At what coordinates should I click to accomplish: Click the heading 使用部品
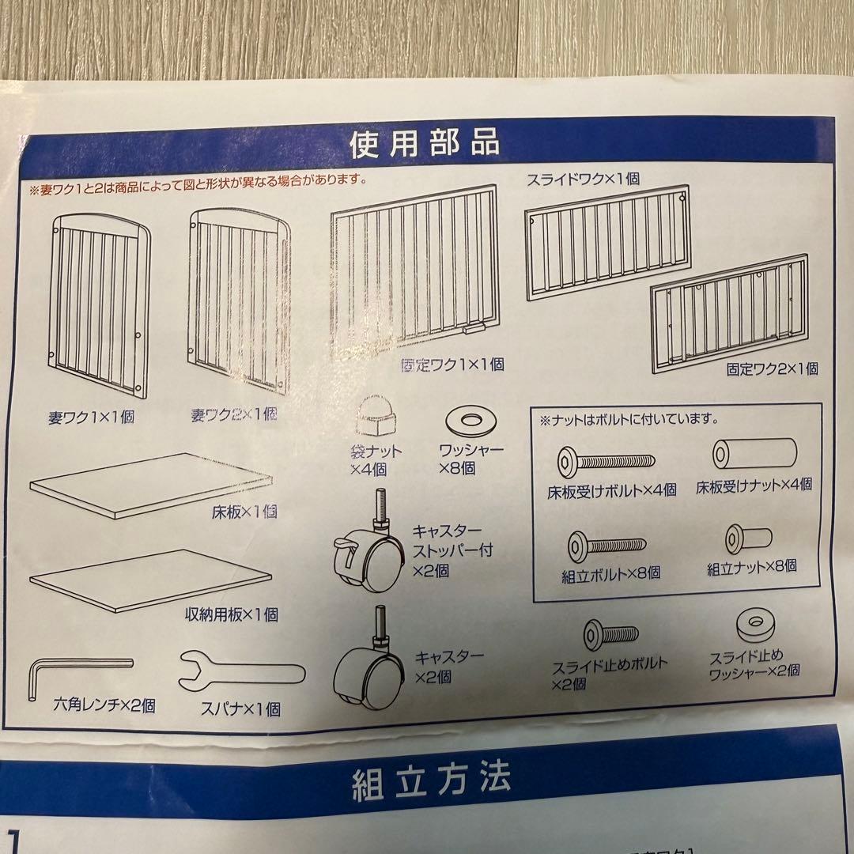click(425, 144)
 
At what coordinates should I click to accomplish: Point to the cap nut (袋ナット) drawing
click(374, 417)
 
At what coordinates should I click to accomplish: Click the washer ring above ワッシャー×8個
click(471, 420)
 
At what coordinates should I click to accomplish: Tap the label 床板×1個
click(244, 512)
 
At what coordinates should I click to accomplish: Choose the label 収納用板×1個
click(232, 614)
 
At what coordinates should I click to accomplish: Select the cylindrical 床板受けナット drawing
click(754, 452)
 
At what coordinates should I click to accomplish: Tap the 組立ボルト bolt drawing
click(606, 546)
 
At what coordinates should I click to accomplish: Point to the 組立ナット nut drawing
click(748, 539)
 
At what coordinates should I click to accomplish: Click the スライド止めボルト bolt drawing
click(610, 634)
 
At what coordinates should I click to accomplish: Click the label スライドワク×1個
click(583, 179)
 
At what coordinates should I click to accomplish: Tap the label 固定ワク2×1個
click(773, 369)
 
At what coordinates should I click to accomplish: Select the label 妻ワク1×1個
click(92, 418)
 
